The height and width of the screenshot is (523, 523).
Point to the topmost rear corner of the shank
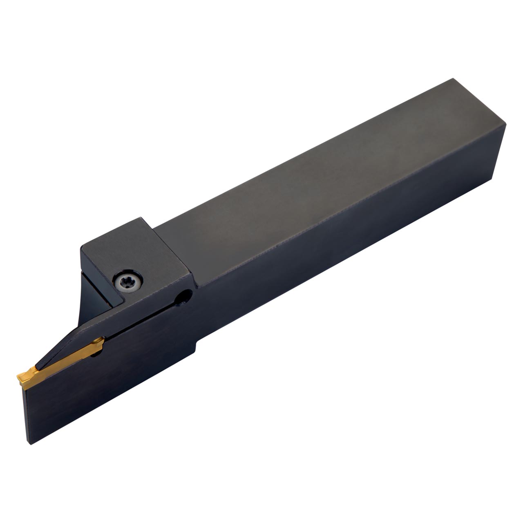coord(453,78)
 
